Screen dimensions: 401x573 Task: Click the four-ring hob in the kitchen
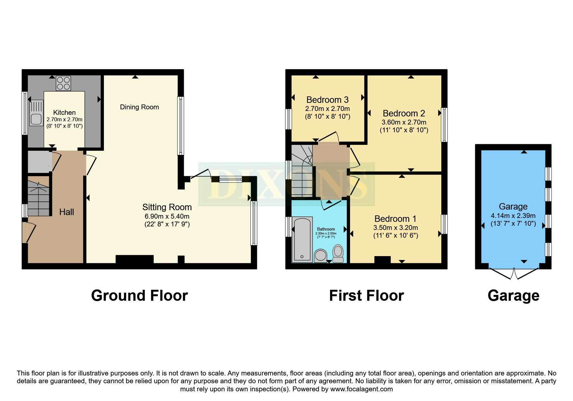pyautogui.click(x=63, y=83)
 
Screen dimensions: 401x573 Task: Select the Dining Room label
pyautogui.click(x=139, y=107)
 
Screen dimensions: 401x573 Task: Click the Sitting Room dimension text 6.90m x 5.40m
pyautogui.click(x=167, y=216)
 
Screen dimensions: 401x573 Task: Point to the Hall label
pyautogui.click(x=67, y=212)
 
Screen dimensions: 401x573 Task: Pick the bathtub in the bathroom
pyautogui.click(x=302, y=240)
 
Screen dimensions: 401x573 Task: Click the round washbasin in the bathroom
pyautogui.click(x=320, y=255)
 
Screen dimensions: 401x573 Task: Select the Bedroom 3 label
pyautogui.click(x=327, y=100)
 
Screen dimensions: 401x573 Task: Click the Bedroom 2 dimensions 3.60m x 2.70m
pyautogui.click(x=404, y=122)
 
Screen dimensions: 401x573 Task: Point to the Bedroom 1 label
pyautogui.click(x=395, y=219)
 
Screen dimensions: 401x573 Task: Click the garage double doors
pyautogui.click(x=514, y=274)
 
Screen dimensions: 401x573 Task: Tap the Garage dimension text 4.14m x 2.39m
pyautogui.click(x=513, y=216)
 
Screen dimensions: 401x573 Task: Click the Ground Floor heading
pyautogui.click(x=139, y=296)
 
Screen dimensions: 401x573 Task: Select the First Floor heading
pyautogui.click(x=366, y=296)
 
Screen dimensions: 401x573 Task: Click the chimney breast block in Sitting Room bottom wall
pyautogui.click(x=135, y=259)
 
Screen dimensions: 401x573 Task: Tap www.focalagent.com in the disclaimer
pyautogui.click(x=361, y=389)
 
